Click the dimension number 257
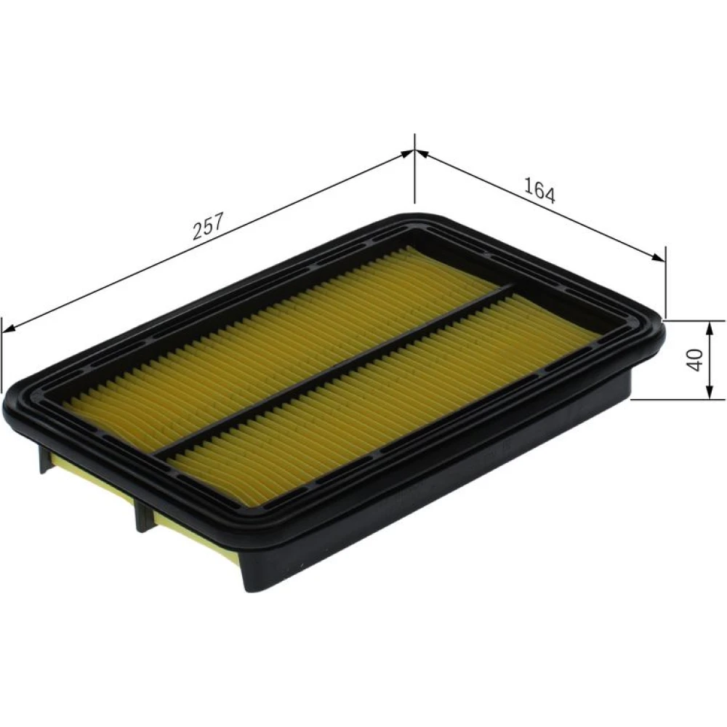(208, 226)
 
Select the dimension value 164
(539, 190)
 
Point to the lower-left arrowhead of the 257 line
(9, 329)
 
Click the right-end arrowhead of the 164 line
(658, 258)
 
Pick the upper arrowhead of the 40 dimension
(709, 329)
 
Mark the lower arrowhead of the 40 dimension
(709, 391)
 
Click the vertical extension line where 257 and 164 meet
(414, 169)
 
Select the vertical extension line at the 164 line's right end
(665, 282)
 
